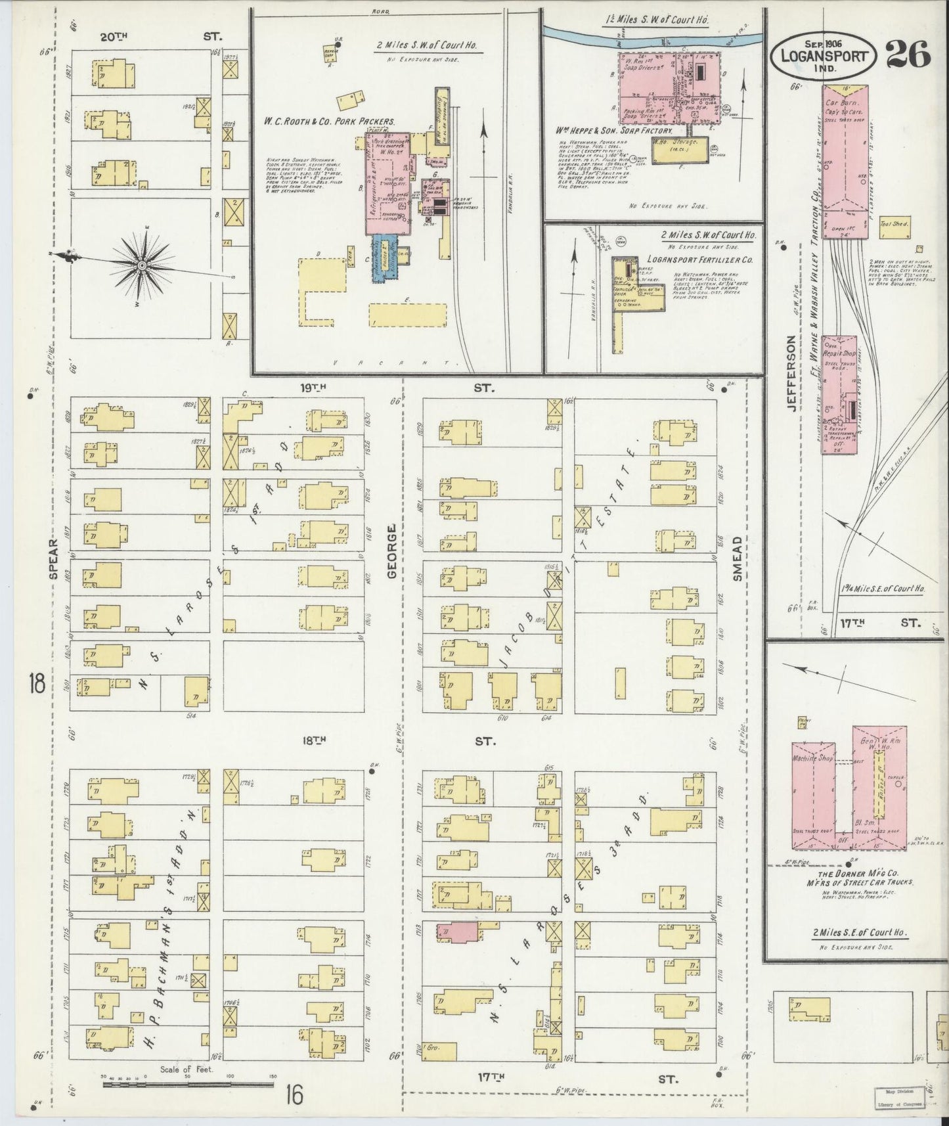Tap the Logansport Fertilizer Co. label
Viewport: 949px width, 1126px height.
coord(709,259)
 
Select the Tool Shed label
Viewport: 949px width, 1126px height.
coord(893,224)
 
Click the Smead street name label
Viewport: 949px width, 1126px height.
coord(737,560)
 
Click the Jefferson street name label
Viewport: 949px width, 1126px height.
coord(791,372)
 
